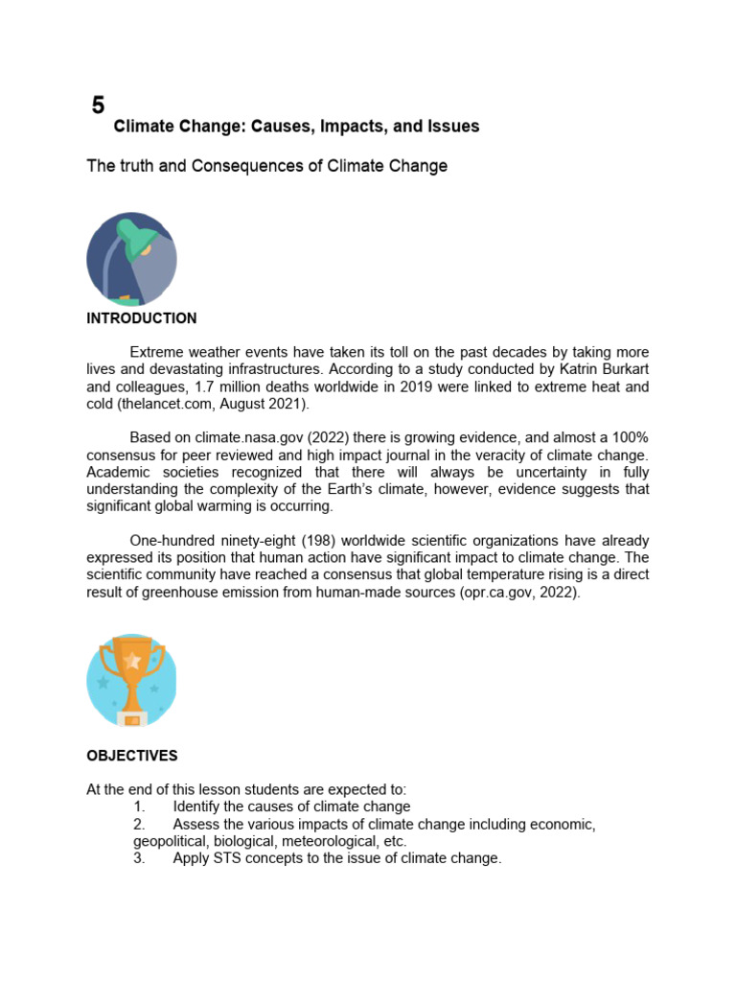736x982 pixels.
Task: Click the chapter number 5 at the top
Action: [98, 105]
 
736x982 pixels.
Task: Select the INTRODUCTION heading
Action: [141, 318]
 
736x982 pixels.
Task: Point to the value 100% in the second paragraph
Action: [630, 437]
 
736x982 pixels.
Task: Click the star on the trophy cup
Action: [132, 661]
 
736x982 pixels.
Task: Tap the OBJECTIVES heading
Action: [131, 756]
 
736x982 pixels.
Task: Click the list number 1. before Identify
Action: [139, 807]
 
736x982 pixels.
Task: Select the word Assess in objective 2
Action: [195, 825]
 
